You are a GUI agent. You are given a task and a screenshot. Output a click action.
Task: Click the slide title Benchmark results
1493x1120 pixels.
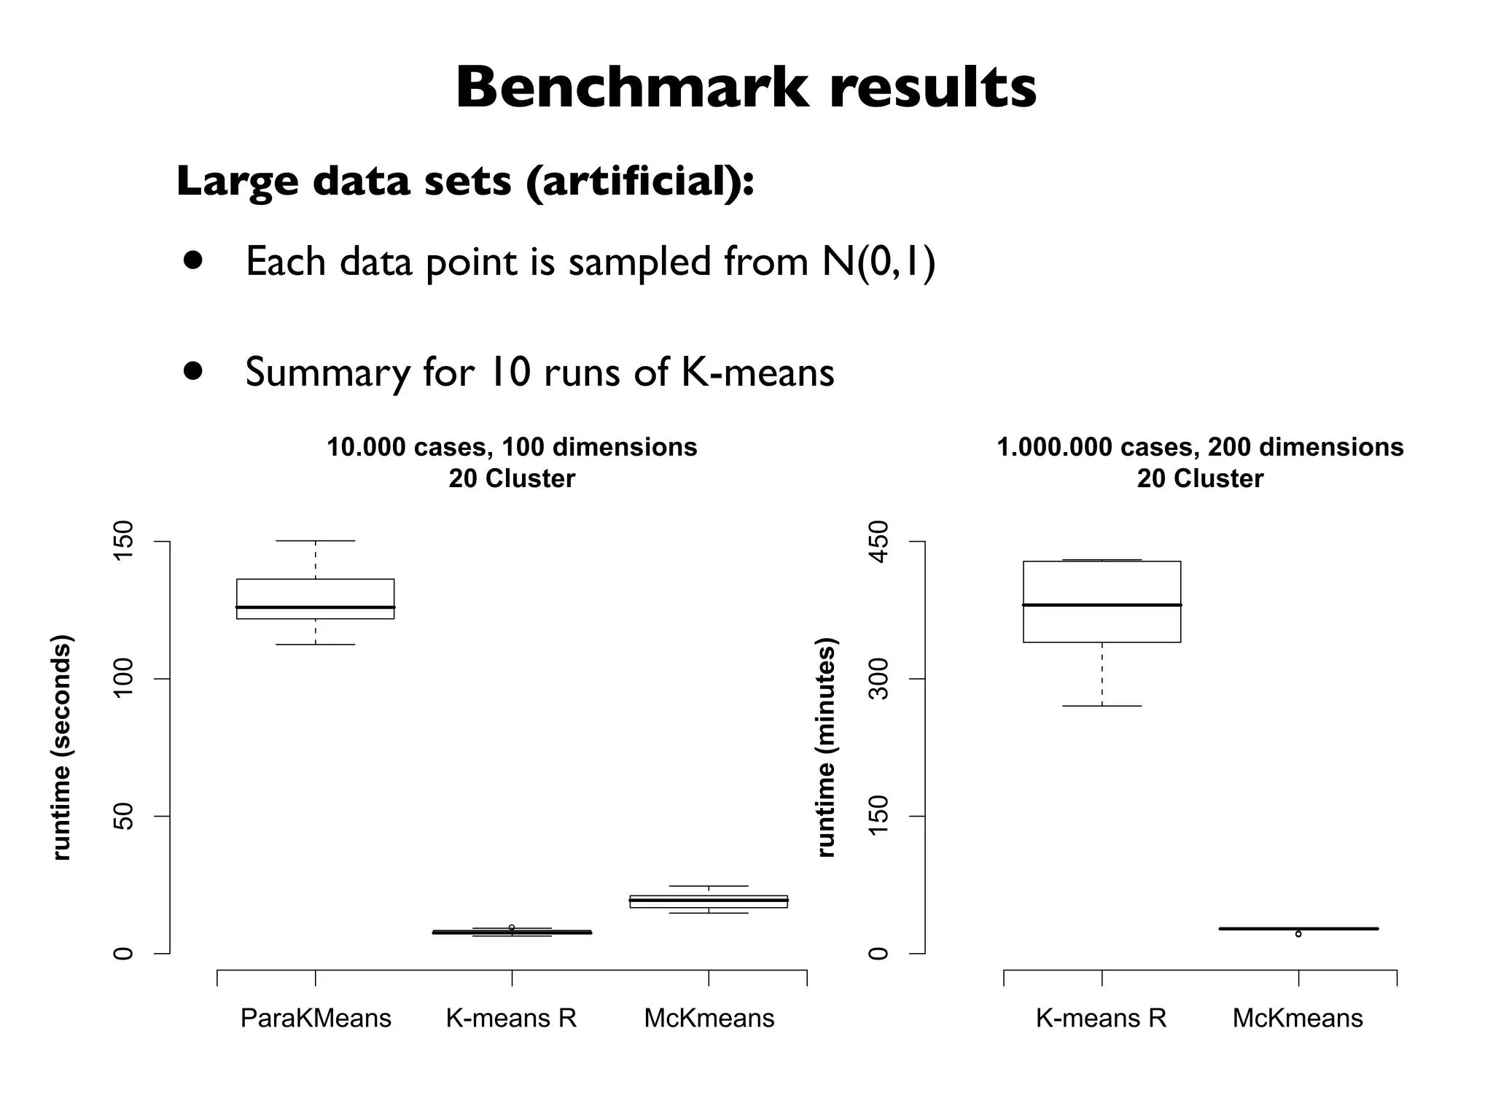[x=746, y=87]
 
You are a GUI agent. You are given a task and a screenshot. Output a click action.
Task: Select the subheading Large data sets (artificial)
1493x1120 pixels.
[x=465, y=181]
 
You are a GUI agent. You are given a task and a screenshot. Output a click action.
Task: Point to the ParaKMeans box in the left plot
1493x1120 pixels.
[x=315, y=598]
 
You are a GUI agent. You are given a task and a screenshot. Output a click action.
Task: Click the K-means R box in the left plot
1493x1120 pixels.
[x=512, y=932]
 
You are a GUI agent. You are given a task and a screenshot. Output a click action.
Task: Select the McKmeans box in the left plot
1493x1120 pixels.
[x=709, y=901]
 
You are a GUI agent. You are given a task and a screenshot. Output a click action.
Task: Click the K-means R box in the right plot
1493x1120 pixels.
[x=1102, y=602]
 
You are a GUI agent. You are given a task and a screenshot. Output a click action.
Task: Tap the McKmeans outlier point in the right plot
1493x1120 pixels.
[x=1298, y=934]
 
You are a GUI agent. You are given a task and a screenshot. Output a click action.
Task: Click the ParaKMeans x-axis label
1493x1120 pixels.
[x=316, y=1018]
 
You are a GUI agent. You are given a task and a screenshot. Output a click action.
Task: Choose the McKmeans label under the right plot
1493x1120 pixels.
[x=1298, y=1018]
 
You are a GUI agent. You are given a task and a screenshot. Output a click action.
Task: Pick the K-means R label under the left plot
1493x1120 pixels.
[x=511, y=1018]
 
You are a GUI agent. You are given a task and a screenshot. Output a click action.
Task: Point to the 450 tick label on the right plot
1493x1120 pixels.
[x=880, y=542]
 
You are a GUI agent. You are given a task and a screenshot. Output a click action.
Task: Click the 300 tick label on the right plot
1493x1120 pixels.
[x=880, y=679]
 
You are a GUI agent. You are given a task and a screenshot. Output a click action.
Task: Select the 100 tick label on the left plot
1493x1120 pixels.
[x=125, y=679]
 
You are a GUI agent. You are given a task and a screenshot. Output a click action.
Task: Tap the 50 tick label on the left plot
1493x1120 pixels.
[x=125, y=816]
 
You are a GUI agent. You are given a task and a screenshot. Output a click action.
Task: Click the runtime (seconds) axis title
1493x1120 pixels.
[x=62, y=747]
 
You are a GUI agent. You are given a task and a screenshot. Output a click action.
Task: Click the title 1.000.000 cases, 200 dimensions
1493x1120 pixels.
[x=1200, y=447]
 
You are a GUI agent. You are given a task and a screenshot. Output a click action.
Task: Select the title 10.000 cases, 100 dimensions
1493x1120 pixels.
[x=512, y=447]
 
